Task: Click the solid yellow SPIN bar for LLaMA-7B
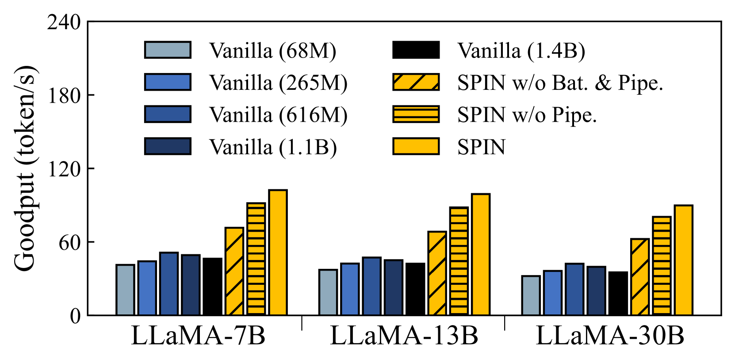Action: click(x=278, y=253)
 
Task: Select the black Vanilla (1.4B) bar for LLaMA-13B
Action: click(x=415, y=289)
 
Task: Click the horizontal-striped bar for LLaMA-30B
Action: click(x=662, y=266)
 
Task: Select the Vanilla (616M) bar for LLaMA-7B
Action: click(x=169, y=284)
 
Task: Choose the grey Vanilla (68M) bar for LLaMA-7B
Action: click(x=125, y=290)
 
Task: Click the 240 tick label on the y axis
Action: click(x=64, y=22)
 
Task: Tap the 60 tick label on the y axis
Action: click(x=70, y=242)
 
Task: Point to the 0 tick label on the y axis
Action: click(x=76, y=316)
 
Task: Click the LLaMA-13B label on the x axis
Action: click(x=404, y=337)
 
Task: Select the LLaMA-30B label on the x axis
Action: click(x=610, y=337)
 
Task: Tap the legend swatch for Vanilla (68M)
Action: click(x=168, y=50)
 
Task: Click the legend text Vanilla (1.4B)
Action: click(x=521, y=51)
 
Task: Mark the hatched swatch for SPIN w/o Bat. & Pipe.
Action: click(x=416, y=82)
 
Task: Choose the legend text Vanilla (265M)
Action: click(x=278, y=83)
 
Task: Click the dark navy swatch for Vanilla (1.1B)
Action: click(x=168, y=146)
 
